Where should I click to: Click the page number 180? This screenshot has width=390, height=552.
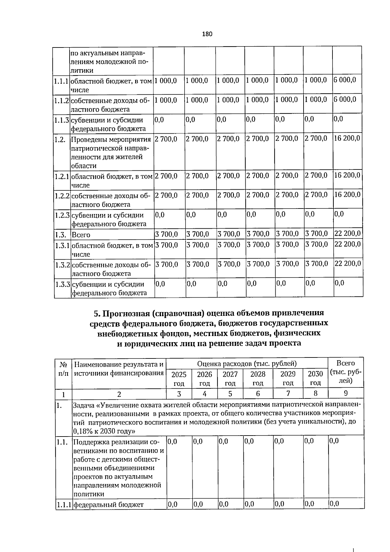coord(207,34)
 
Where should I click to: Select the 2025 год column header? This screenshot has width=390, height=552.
coord(179,378)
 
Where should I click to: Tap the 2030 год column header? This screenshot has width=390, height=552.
coord(315,378)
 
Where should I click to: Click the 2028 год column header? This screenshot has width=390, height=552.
coord(258,378)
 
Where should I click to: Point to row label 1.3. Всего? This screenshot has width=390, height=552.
coord(81,235)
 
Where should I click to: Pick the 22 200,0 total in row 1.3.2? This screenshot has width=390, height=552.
coord(347,263)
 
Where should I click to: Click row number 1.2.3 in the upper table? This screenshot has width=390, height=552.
coord(62,215)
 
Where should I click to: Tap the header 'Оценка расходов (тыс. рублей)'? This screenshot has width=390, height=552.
coord(247,364)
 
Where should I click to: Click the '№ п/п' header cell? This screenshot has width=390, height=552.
coord(64,368)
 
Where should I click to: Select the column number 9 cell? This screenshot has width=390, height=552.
coord(346,393)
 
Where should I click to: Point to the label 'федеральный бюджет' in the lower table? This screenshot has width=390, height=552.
coord(108,505)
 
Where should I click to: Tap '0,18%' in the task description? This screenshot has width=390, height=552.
coord(82,432)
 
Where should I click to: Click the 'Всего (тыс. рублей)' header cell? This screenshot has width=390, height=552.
coord(346,371)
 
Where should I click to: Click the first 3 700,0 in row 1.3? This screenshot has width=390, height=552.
coord(166,234)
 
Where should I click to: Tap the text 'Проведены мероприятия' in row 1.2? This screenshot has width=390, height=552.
coord(111,140)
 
